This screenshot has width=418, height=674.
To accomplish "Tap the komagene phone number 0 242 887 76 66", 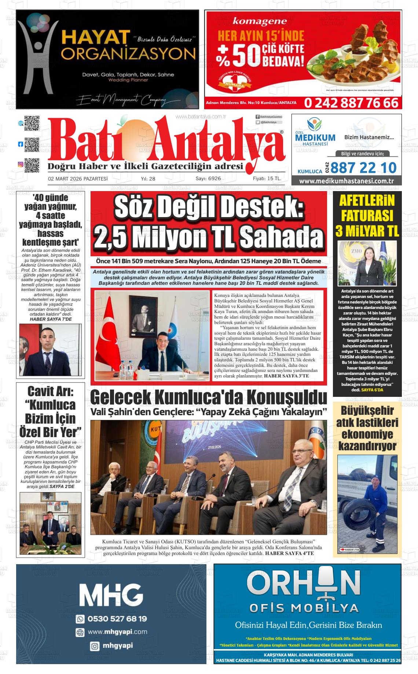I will click(x=351, y=103).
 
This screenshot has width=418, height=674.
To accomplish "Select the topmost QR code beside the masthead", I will click(x=32, y=123).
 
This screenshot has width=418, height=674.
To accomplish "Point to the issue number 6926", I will click(x=214, y=179).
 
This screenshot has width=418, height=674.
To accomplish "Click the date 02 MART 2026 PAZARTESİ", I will click(x=78, y=179).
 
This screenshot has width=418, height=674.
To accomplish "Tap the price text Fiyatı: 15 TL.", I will click(x=267, y=179).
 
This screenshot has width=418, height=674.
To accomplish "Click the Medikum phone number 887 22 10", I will click(x=363, y=168).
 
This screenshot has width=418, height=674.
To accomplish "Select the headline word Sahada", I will click(x=282, y=238).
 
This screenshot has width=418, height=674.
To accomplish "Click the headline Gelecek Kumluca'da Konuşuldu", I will click(x=208, y=397).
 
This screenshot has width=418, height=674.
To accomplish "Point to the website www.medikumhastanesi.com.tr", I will click(x=346, y=181).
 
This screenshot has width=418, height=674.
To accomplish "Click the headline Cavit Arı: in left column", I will click(x=51, y=391).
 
